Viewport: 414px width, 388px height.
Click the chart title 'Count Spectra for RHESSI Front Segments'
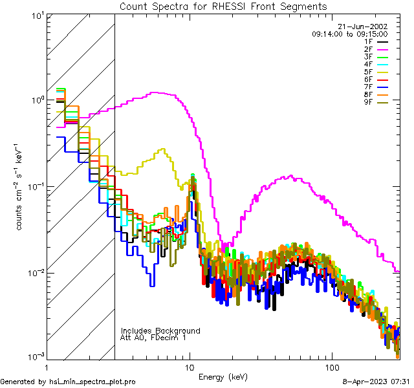(223, 6)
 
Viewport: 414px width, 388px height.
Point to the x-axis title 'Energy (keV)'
(223, 376)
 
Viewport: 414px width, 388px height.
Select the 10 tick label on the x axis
(190, 367)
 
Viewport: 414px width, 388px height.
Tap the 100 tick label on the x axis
(332, 367)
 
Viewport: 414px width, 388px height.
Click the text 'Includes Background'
(160, 330)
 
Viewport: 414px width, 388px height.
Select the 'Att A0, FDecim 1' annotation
(153, 338)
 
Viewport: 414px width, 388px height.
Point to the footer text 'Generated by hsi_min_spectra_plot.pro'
(68, 382)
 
